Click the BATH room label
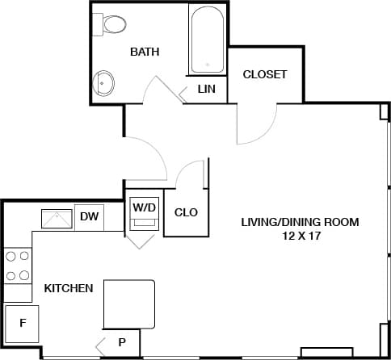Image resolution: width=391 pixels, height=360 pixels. click(145, 52)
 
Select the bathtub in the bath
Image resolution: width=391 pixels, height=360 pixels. click(208, 40)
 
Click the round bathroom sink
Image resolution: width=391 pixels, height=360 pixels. click(105, 82)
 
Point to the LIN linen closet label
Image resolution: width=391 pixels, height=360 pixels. click(207, 88)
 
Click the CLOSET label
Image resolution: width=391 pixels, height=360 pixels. click(265, 74)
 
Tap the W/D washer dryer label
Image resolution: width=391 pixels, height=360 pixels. click(144, 207)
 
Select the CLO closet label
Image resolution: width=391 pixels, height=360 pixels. click(187, 213)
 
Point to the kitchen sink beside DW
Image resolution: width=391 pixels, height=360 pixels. click(57, 217)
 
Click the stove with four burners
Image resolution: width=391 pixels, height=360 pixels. click(18, 265)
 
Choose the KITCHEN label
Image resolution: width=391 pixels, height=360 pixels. click(68, 288)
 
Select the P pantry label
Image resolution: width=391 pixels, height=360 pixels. click(122, 341)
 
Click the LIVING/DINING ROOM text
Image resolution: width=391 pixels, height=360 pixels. click(300, 221)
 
